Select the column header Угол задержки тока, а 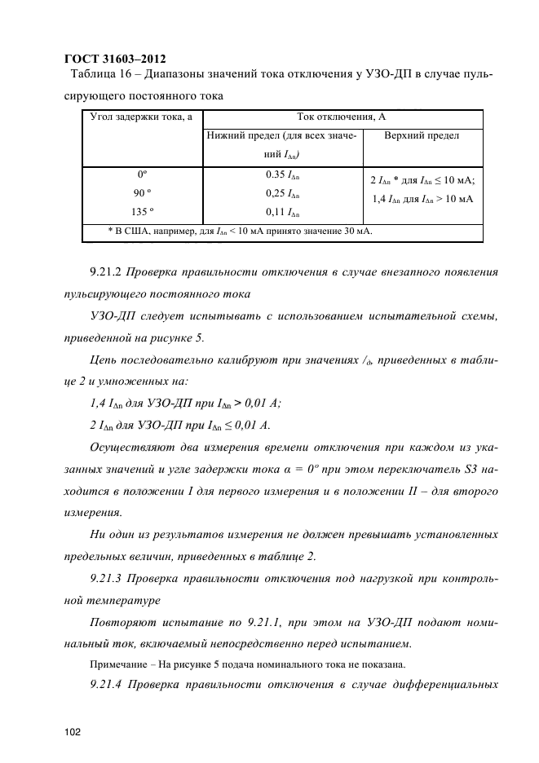[x=140, y=118]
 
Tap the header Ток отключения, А [x=341, y=118]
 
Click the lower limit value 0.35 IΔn [x=282, y=175]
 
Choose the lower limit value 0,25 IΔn [x=282, y=194]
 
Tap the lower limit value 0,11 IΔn [x=282, y=213]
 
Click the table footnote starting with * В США [x=240, y=232]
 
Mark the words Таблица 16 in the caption [x=100, y=76]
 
